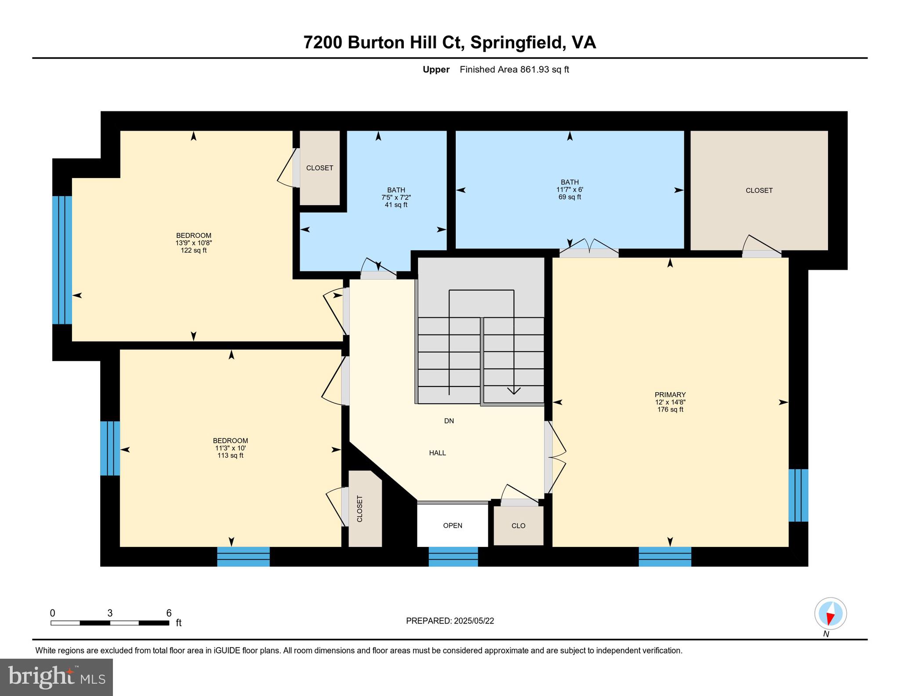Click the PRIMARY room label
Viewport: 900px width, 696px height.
(x=670, y=394)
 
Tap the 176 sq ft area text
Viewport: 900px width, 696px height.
(x=670, y=409)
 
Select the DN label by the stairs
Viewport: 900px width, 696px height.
(x=449, y=421)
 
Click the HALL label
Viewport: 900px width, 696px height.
(x=437, y=453)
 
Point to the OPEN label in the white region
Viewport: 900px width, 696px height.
(x=452, y=525)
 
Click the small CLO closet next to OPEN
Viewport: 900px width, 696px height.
(x=518, y=525)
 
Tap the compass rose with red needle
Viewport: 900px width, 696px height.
(x=830, y=613)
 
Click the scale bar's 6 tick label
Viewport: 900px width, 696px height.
(x=169, y=613)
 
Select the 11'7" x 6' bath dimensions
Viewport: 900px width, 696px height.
(x=570, y=189)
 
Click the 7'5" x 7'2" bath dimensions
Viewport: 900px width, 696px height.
(x=396, y=197)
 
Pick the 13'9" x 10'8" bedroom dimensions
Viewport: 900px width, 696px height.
(x=193, y=243)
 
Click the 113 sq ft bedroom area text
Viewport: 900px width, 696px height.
(x=230, y=455)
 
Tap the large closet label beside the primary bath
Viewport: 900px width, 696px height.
(x=759, y=190)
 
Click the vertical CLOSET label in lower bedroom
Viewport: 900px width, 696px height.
(x=359, y=509)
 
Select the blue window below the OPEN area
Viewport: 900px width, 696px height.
(x=453, y=556)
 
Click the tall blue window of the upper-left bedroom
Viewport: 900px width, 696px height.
(x=62, y=260)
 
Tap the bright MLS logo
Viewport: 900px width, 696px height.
(x=56, y=677)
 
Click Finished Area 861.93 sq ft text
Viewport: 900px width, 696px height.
(x=514, y=69)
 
